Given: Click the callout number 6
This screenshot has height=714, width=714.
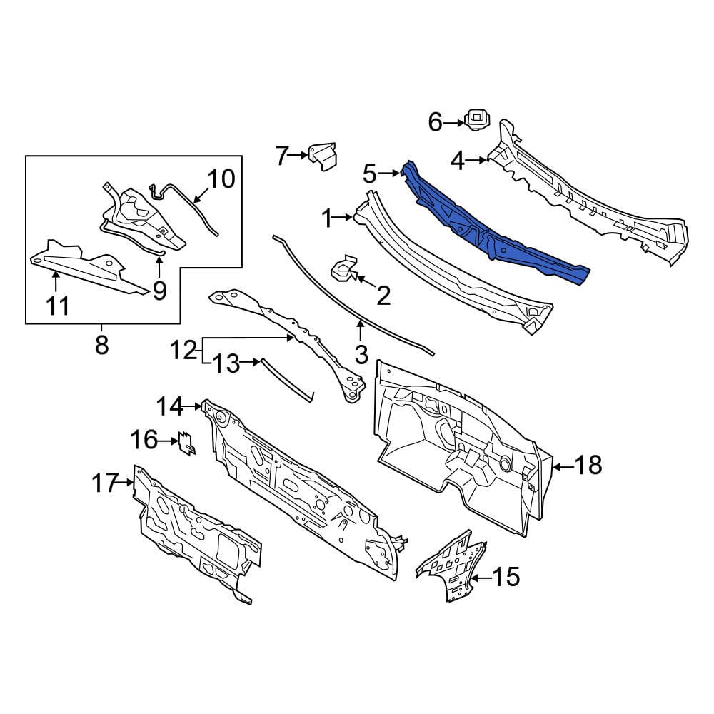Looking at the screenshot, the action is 436,123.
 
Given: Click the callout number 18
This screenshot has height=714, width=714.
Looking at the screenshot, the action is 588,466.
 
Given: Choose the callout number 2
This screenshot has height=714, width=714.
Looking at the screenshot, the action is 383,296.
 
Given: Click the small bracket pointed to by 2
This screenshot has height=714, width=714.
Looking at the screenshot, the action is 344,268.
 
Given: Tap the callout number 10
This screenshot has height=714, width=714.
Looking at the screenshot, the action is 221,179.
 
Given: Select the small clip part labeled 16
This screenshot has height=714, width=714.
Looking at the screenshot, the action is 187,443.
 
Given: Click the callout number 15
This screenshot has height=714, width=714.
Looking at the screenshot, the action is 506,577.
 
